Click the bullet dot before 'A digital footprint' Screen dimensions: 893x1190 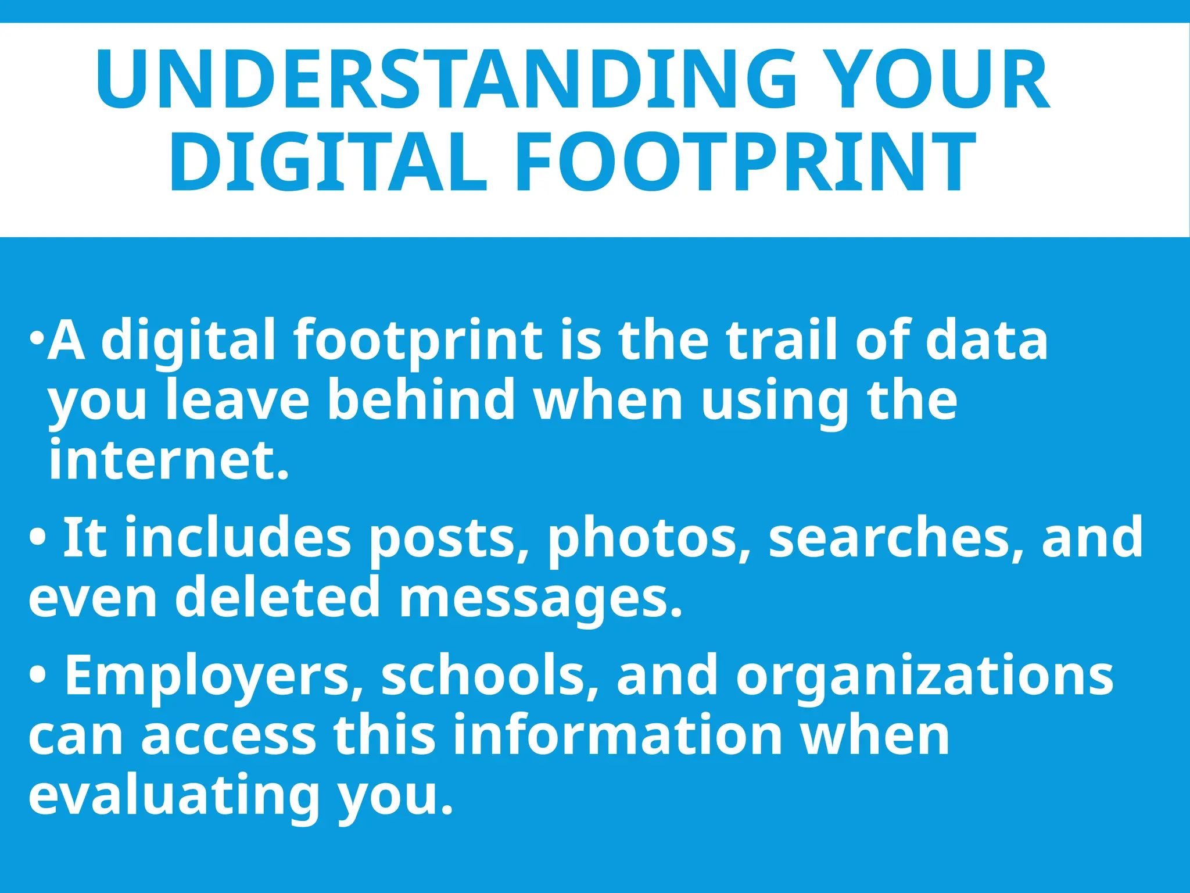point(37,338)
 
